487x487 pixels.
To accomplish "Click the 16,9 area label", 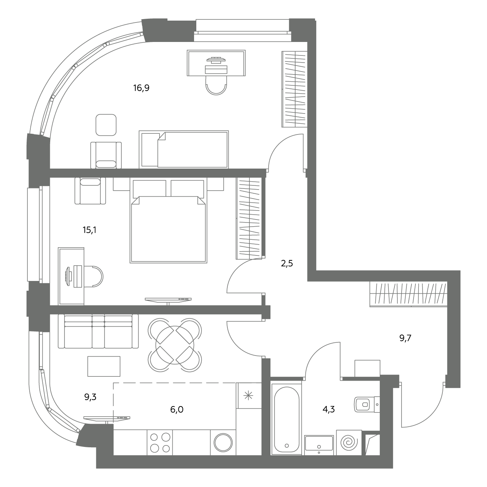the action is coord(141,88).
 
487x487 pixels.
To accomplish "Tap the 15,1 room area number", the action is coord(90,230).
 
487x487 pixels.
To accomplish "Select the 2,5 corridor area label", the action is coord(287,264).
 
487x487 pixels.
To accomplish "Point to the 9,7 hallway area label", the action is coord(405,338).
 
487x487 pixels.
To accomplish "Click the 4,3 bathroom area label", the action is coord(329,409).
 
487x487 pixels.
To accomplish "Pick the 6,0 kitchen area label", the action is coord(177,409).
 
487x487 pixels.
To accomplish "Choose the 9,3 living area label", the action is coord(90,397).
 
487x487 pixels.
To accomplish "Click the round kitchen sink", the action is coord(223,442).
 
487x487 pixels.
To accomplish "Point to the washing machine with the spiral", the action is coord(349,442).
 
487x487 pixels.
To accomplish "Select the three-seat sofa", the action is coord(98,331).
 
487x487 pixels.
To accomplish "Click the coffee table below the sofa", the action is coord(104,366).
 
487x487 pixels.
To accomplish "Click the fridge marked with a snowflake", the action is coord(249,396).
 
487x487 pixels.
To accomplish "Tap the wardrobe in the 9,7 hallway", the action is coord(408,294).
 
